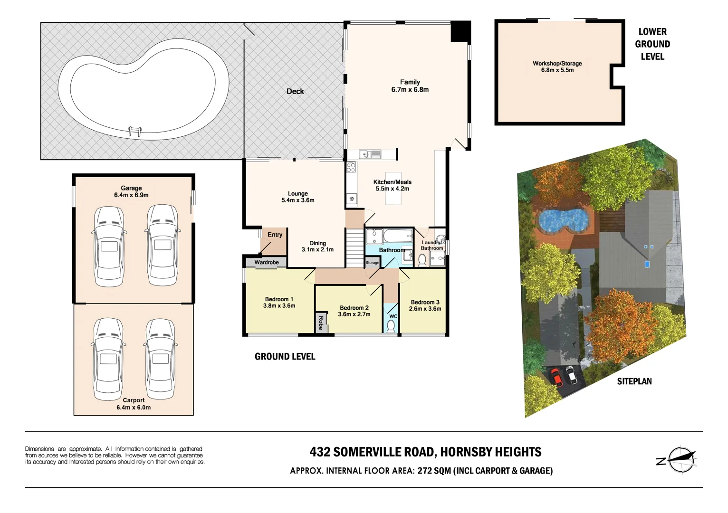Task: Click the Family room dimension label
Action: pyautogui.click(x=410, y=90)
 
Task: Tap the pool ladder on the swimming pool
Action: pyautogui.click(x=135, y=131)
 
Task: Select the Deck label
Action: pyautogui.click(x=295, y=91)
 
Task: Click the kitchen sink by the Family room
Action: pyautogui.click(x=370, y=154)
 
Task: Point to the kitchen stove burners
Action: pyautogui.click(x=351, y=167)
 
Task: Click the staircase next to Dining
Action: pyautogui.click(x=354, y=248)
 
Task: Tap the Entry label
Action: pyautogui.click(x=275, y=235)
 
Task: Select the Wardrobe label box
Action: pyautogui.click(x=266, y=262)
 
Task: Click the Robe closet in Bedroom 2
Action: pyautogui.click(x=320, y=323)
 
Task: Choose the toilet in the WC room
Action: pyautogui.click(x=391, y=326)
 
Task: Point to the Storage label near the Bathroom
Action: pyautogui.click(x=372, y=263)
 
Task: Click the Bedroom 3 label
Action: pyautogui.click(x=425, y=302)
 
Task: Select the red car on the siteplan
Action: pyautogui.click(x=556, y=377)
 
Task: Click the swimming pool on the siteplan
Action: pyautogui.click(x=563, y=220)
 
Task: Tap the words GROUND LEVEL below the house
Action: pyautogui.click(x=285, y=357)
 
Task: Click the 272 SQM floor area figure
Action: pyautogui.click(x=434, y=471)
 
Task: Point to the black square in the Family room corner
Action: pyautogui.click(x=460, y=31)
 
